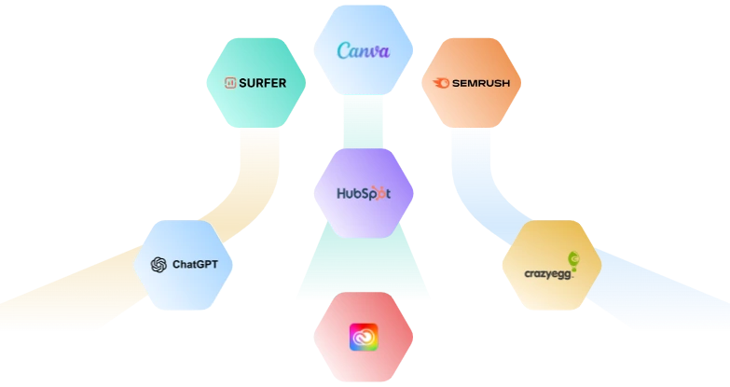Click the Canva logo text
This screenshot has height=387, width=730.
(364, 50)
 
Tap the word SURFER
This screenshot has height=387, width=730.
(262, 83)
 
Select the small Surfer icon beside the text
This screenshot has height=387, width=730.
(230, 83)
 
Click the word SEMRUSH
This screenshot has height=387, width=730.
(481, 83)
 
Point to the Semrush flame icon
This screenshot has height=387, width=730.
(442, 83)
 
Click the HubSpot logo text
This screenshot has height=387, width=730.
(364, 195)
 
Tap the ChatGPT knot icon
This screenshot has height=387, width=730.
(158, 265)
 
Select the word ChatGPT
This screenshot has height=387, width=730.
(195, 265)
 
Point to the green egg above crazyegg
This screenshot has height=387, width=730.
(573, 259)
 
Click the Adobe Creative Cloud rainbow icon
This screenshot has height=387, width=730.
(364, 337)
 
